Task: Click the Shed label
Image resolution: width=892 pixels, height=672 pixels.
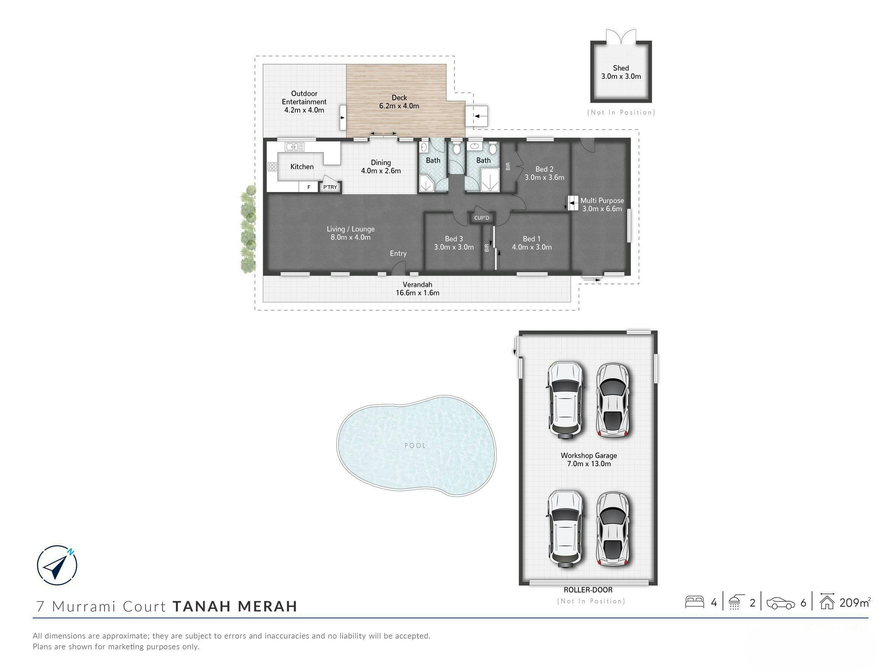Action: [621, 72]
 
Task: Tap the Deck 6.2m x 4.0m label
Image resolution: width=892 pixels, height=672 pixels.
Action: [399, 102]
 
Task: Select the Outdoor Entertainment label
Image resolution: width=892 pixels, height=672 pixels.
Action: [304, 102]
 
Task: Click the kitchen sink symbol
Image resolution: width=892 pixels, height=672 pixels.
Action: [294, 147]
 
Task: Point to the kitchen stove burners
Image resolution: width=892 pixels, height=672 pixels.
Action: [272, 166]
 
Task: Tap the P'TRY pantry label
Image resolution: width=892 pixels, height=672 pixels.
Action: [330, 187]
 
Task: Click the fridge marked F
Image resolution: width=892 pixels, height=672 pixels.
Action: [309, 187]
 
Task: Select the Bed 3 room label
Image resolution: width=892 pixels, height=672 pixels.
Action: [454, 243]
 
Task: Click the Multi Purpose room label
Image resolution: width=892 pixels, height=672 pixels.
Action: [602, 204]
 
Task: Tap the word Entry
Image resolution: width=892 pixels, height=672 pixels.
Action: [398, 253]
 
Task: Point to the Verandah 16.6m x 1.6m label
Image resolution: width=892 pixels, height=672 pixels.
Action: [417, 289]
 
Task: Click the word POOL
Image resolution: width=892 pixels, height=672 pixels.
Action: [415, 445]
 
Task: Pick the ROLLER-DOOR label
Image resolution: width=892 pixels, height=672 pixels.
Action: [588, 590]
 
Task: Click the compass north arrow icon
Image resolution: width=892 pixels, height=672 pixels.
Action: [57, 565]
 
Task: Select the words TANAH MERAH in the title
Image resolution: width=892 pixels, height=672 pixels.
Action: [235, 606]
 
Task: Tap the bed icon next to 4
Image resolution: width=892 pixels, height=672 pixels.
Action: [694, 602]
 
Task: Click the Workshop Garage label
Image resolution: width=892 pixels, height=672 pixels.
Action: [589, 459]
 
